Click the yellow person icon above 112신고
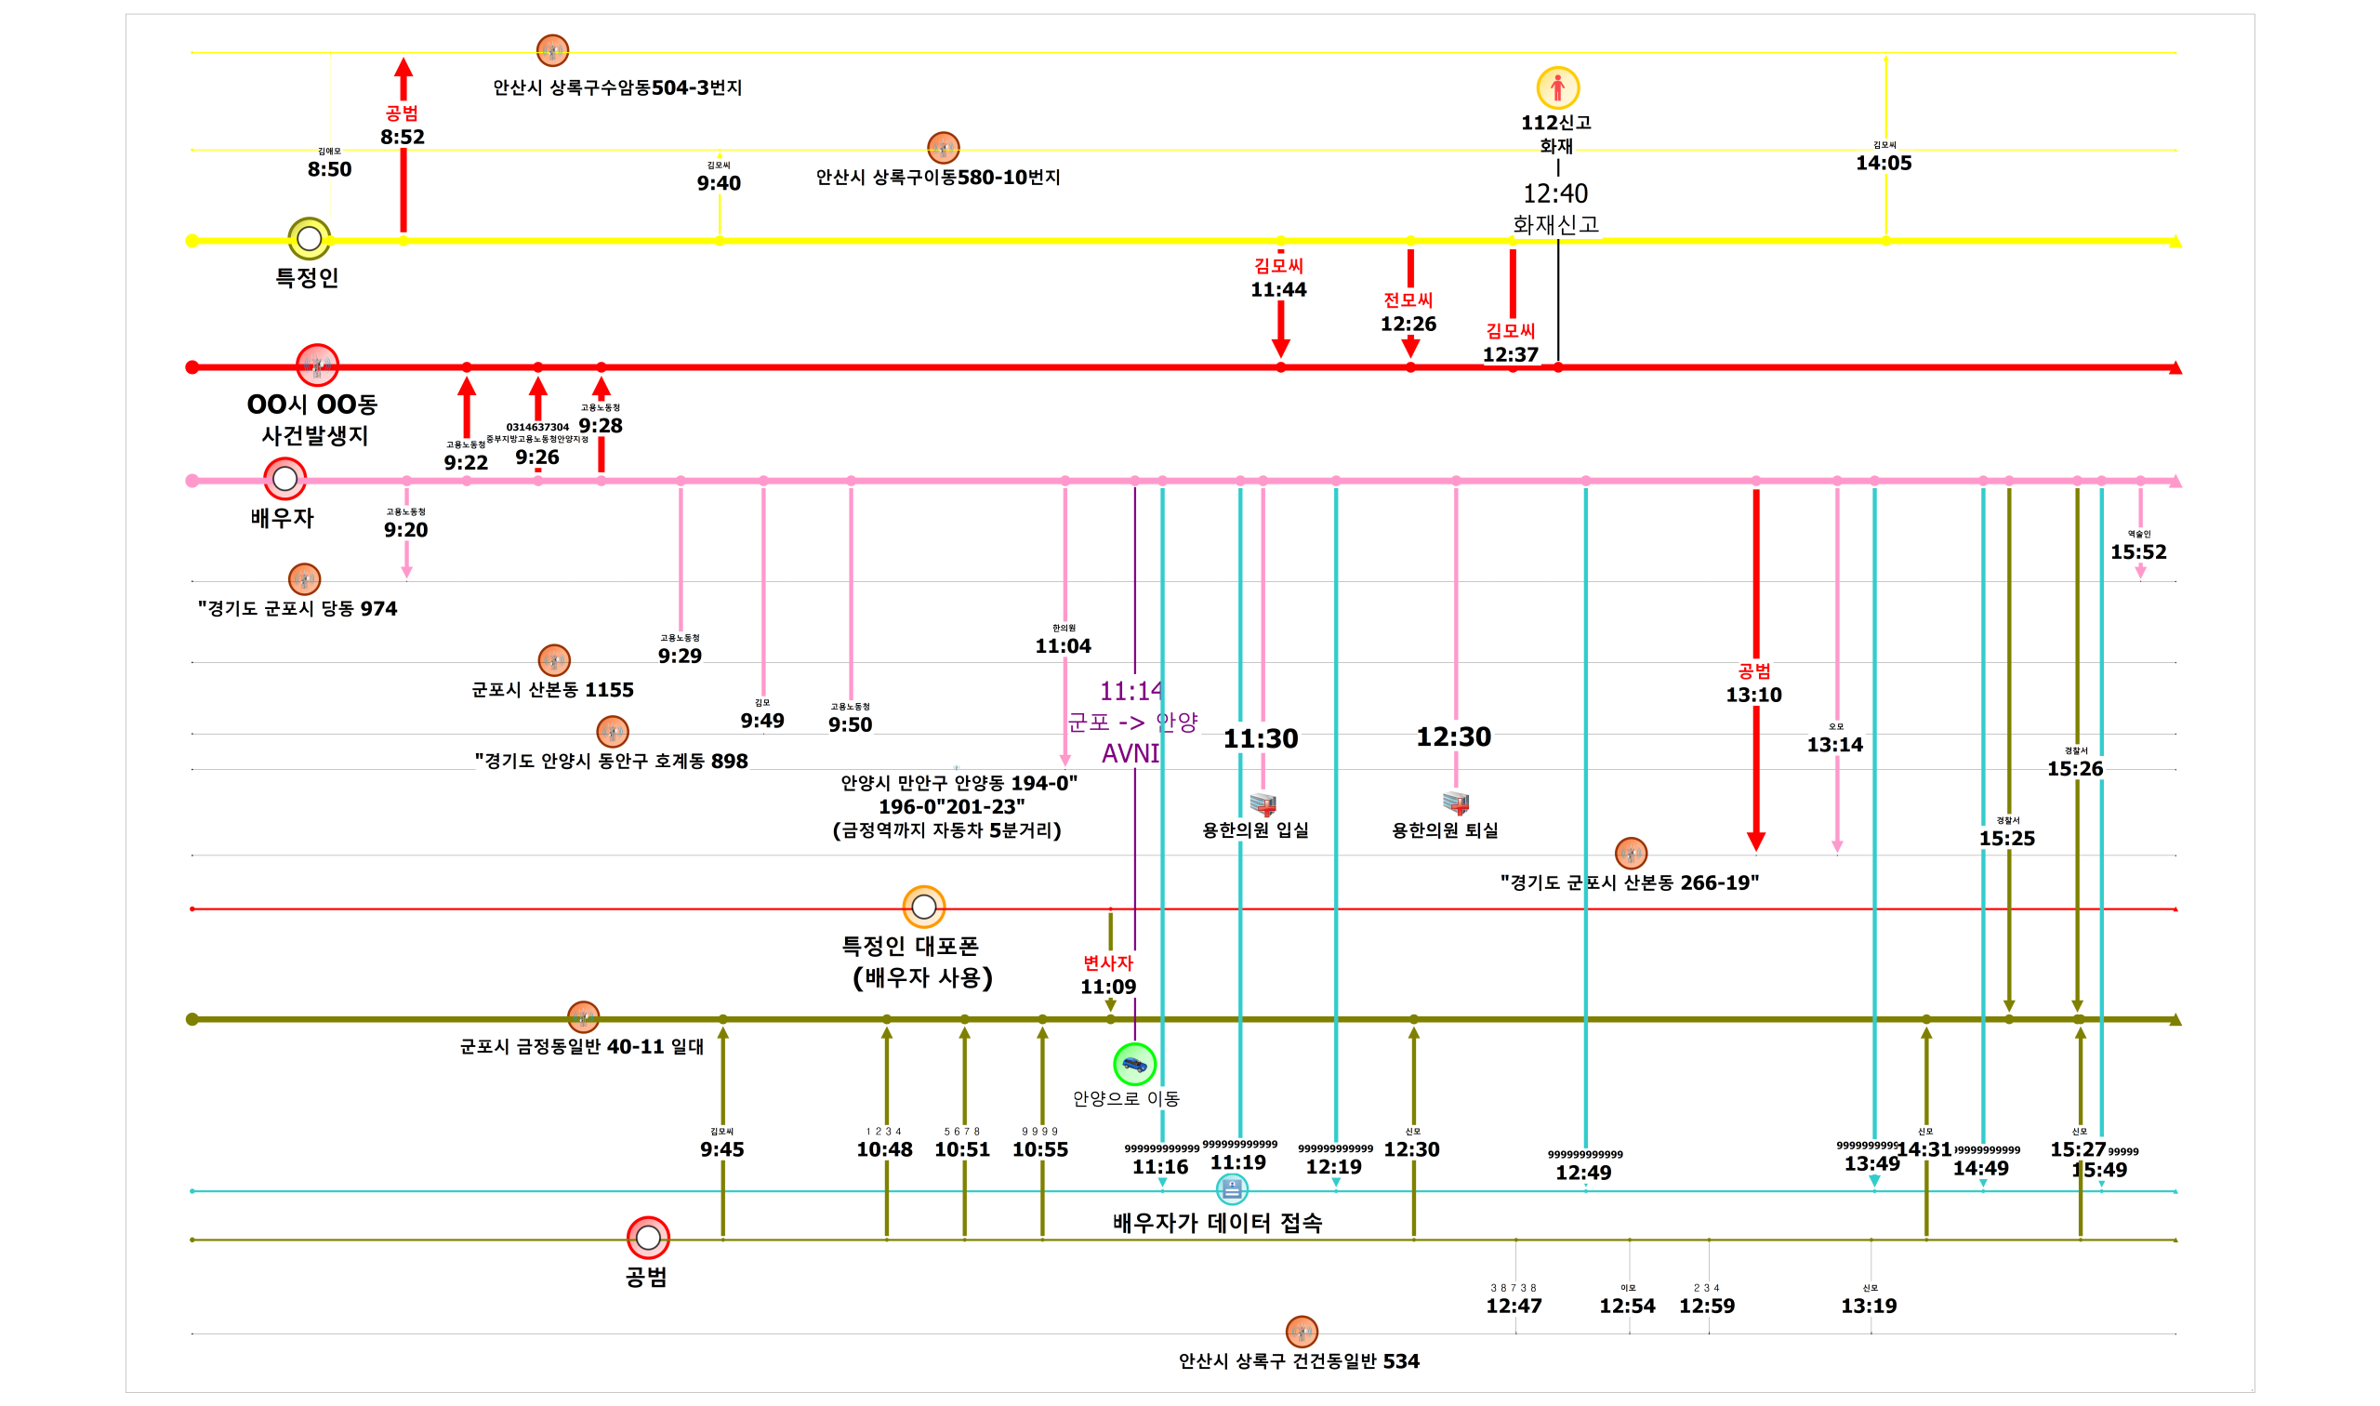coord(1557,88)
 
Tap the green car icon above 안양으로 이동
coord(1133,1064)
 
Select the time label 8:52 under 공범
coord(403,138)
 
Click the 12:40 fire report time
coord(1555,194)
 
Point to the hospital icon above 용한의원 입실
coord(1263,804)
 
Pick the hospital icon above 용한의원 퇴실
coord(1456,802)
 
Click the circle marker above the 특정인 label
coord(309,239)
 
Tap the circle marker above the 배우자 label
coord(284,480)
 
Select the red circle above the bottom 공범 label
coord(648,1238)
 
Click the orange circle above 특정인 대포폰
coord(923,908)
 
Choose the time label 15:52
coord(2138,552)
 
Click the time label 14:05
coord(1884,163)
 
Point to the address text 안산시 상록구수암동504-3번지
coord(617,88)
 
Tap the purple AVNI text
coord(1130,754)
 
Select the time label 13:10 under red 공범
coord(1753,696)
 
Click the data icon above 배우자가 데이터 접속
coord(1231,1188)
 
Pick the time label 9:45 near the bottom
coord(721,1150)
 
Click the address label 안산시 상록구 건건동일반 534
coord(1299,1361)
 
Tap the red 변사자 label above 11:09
coord(1108,963)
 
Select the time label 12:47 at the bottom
coord(1514,1307)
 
